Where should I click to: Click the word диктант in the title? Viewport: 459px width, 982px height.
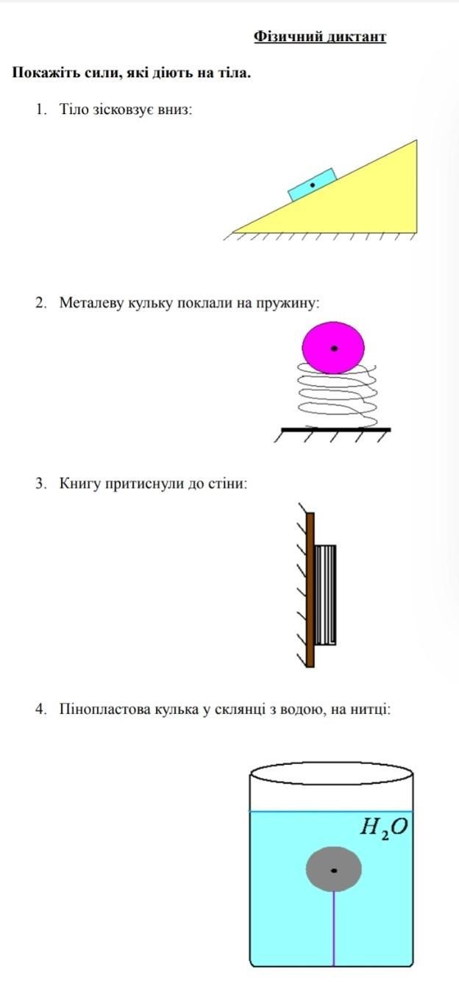click(x=357, y=36)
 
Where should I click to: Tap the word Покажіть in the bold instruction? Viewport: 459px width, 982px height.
click(x=43, y=73)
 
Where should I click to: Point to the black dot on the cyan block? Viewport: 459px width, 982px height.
click(x=312, y=186)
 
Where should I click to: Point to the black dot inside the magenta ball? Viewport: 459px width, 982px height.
click(x=334, y=348)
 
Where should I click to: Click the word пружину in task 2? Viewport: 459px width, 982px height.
click(x=287, y=302)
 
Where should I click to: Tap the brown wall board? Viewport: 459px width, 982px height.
click(x=310, y=589)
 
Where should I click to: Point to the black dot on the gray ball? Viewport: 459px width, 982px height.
click(x=334, y=871)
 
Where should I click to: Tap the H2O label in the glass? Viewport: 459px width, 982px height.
click(x=382, y=827)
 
